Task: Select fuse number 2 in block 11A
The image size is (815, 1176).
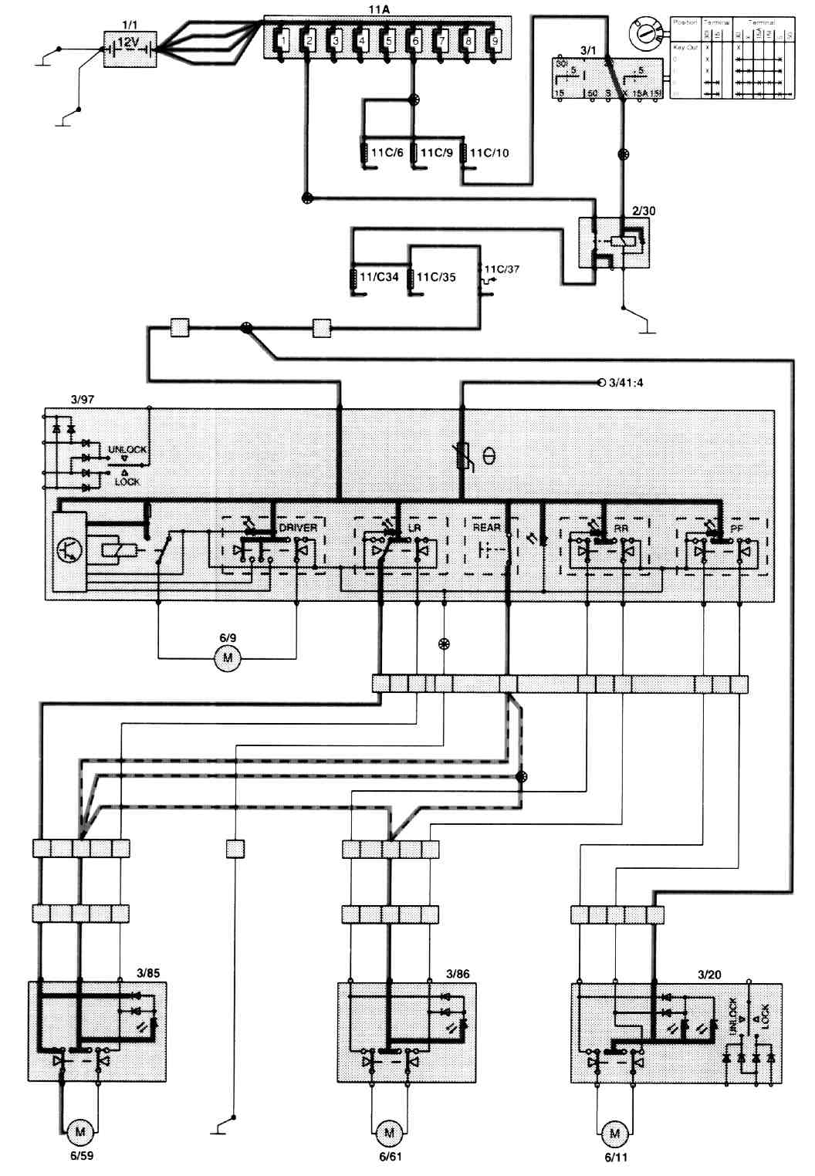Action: click(308, 39)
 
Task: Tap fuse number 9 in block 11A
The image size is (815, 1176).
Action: click(493, 39)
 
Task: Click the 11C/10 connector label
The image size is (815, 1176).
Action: click(489, 153)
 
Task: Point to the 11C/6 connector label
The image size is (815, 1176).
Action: click(387, 153)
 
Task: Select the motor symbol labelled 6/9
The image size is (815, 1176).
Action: click(227, 658)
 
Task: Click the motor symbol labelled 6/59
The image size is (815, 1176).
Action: click(78, 1134)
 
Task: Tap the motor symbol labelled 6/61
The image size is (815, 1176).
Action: click(388, 1134)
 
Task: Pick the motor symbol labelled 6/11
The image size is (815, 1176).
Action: click(614, 1134)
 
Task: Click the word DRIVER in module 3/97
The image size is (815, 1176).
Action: click(298, 528)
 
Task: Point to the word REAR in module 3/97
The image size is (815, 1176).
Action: click(487, 528)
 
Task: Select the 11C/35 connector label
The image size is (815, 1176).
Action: click(437, 276)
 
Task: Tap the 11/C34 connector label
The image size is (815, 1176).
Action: click(380, 276)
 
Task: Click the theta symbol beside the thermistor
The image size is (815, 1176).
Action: click(489, 456)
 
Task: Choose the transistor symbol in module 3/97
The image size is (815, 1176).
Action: click(70, 549)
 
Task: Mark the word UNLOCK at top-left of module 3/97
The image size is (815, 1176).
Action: click(127, 448)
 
